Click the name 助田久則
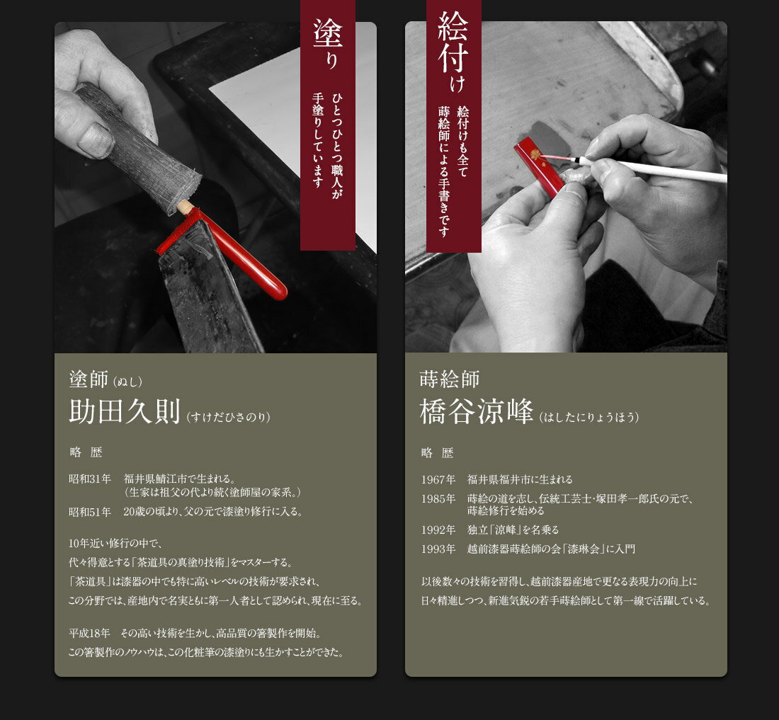pos(124,411)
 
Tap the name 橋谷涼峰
pos(477,411)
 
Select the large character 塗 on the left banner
pos(327,33)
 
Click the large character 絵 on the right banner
pos(453,26)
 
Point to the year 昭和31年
pos(89,479)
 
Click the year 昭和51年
pos(89,511)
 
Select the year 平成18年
pos(89,633)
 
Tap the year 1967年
pos(438,480)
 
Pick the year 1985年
pos(438,498)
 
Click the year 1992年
pos(438,530)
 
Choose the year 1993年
pos(438,549)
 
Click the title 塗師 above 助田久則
pos(89,379)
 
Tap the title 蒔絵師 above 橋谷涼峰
pos(449,379)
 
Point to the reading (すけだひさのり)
pos(229,417)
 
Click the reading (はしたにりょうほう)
pos(589,417)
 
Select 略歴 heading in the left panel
pos(86,452)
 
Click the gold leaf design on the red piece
pos(535,154)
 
